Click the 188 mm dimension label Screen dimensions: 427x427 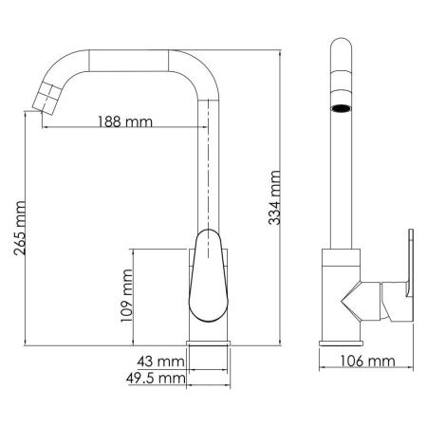click(x=127, y=121)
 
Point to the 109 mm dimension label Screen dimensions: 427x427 click(x=126, y=297)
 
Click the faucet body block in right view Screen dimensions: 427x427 click(x=342, y=294)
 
